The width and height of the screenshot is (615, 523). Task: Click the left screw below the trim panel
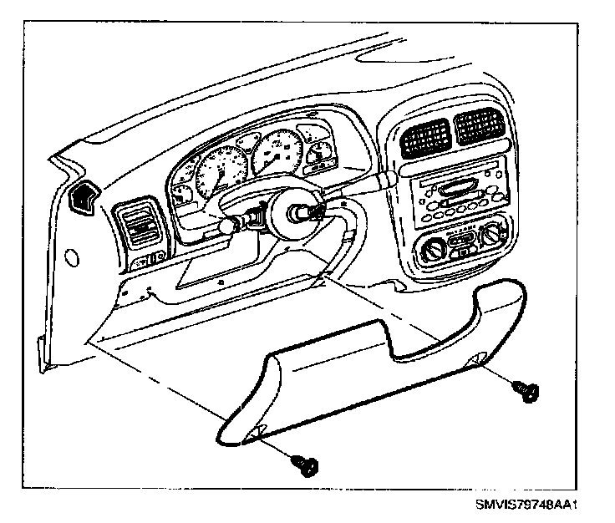[x=304, y=464]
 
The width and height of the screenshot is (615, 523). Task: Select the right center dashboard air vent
[x=479, y=129]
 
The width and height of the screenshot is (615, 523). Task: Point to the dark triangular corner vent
[x=84, y=199]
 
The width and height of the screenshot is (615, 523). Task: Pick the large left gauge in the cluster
[x=219, y=170]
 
